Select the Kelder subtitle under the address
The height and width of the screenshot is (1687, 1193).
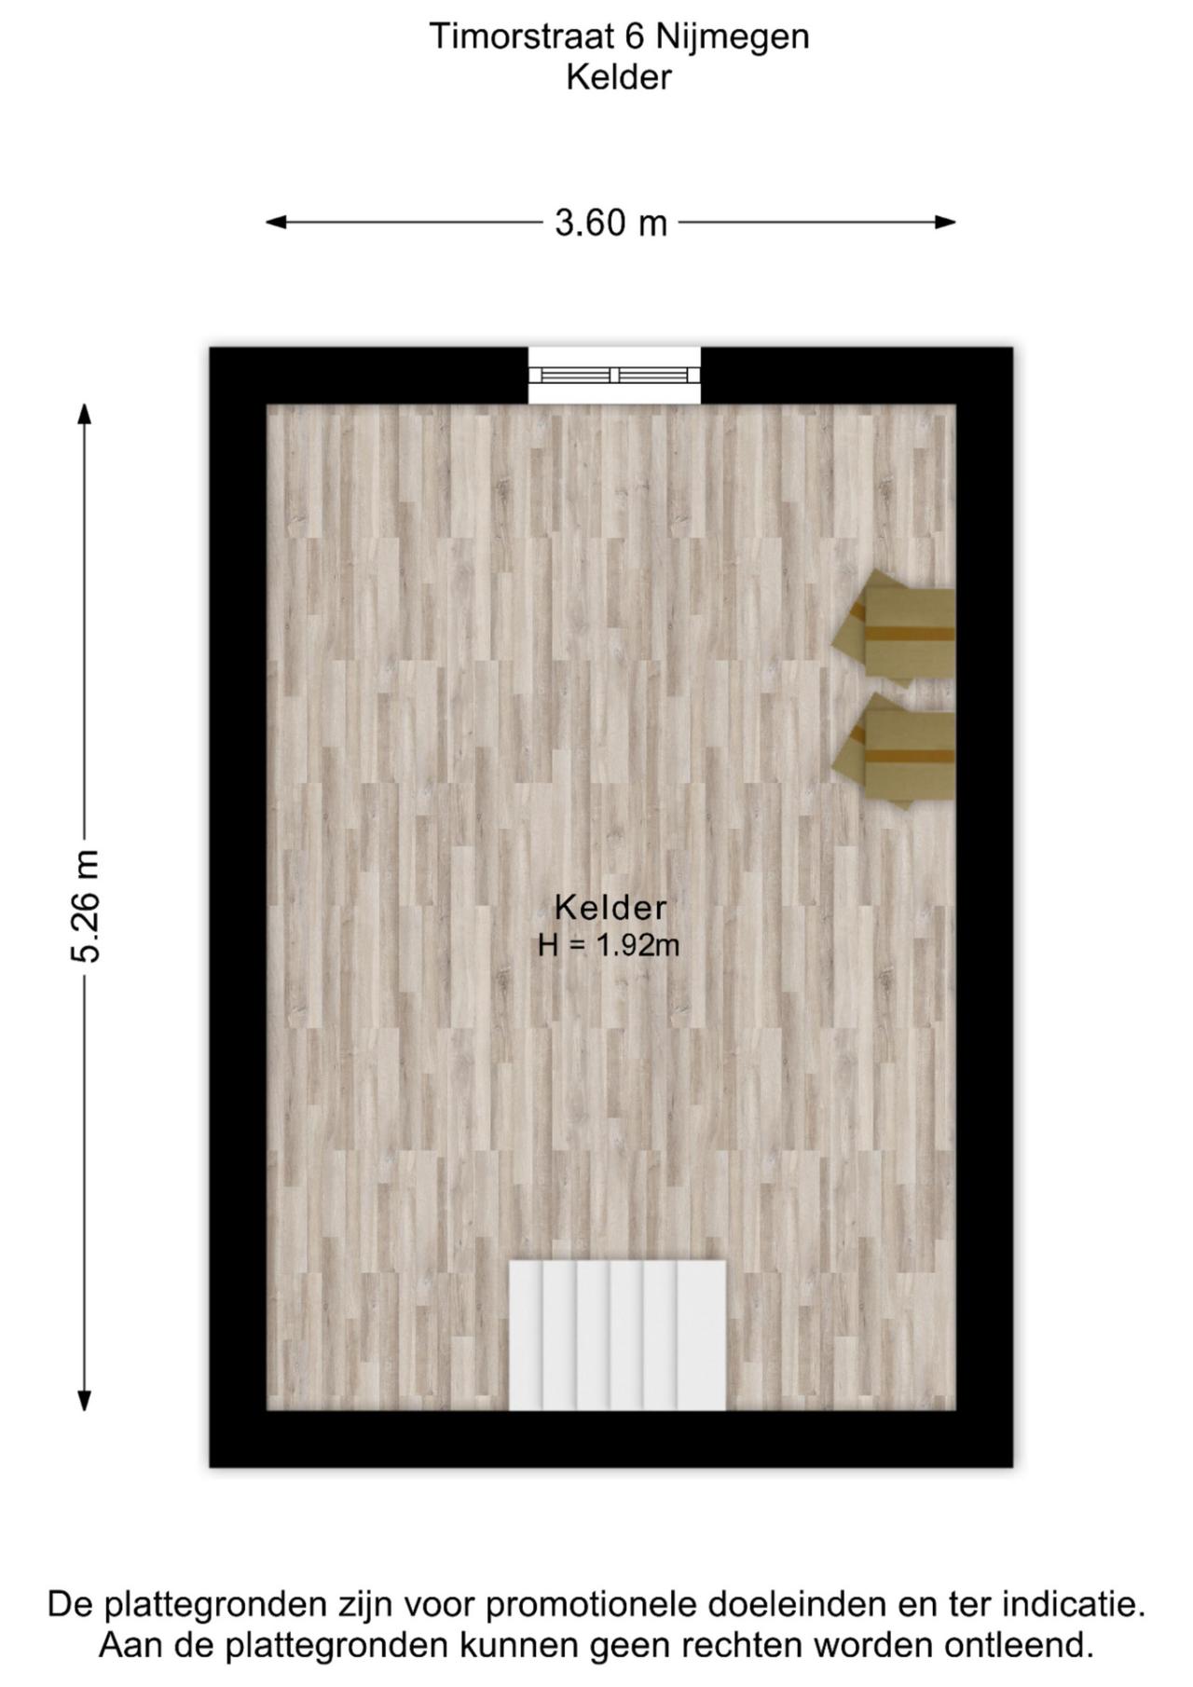(x=618, y=77)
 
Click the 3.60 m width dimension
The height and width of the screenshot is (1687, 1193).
(x=610, y=223)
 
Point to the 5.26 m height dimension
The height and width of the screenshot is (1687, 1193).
(x=86, y=905)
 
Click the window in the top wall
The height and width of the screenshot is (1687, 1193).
(x=614, y=376)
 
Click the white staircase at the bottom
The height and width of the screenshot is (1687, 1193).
(x=617, y=1335)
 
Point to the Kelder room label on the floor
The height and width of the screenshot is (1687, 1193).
(x=610, y=907)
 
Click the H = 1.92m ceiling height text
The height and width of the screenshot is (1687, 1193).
(x=609, y=945)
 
